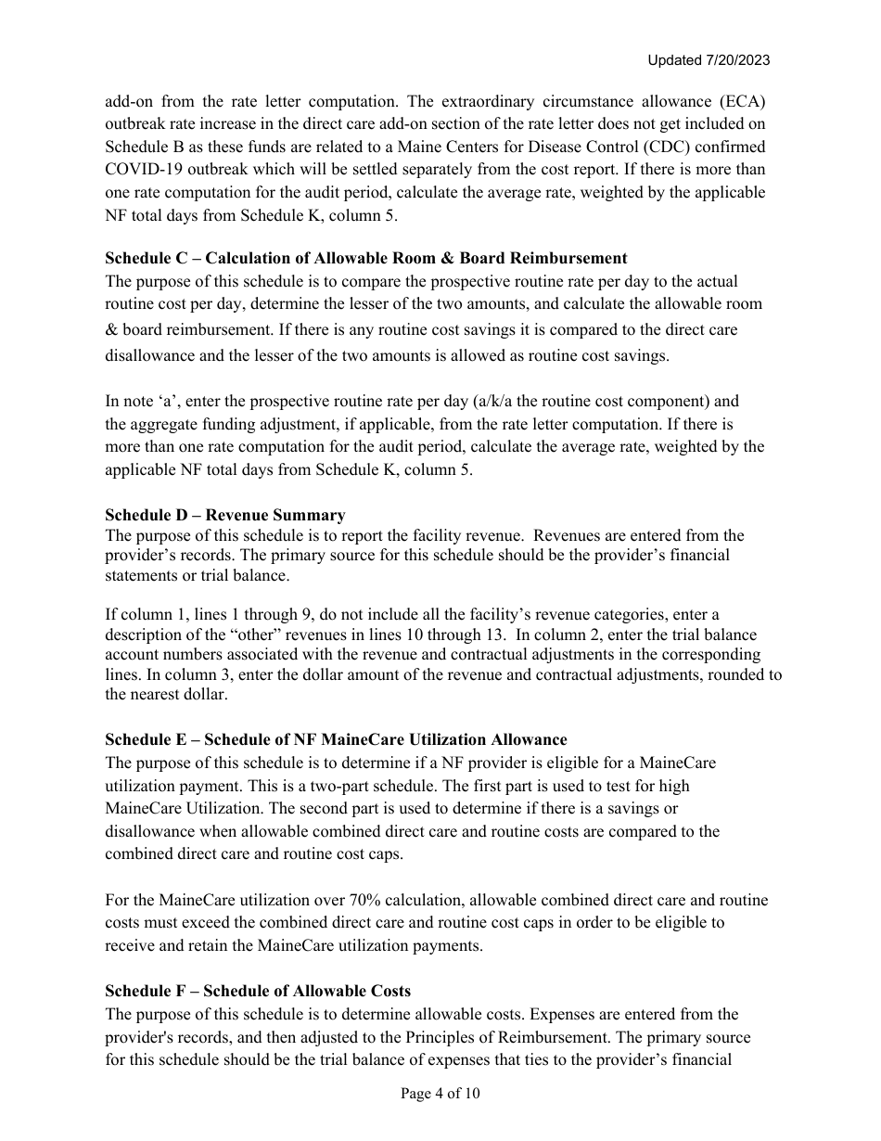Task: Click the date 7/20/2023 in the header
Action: pos(738,60)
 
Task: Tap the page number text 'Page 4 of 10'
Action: pos(440,1094)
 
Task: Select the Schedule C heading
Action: pos(365,258)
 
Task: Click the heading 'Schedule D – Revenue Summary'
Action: pos(224,515)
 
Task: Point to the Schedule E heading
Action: pos(336,739)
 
